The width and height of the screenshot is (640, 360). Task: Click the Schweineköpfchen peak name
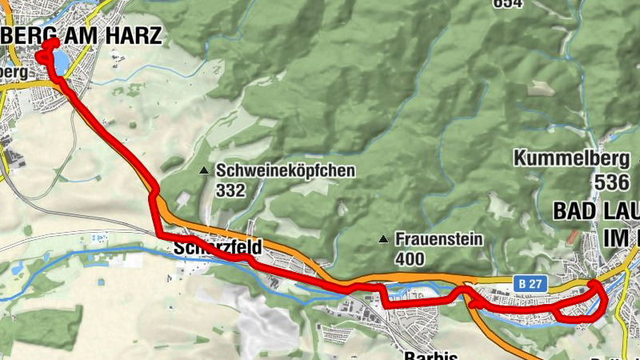click(285, 171)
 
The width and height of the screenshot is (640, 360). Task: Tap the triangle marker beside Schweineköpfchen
click(205, 170)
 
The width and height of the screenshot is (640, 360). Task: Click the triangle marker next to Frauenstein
click(384, 238)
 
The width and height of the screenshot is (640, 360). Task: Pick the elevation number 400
click(409, 258)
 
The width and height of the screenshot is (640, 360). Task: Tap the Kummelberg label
click(566, 158)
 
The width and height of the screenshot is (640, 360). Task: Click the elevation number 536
click(611, 182)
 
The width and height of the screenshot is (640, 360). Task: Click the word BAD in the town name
click(575, 211)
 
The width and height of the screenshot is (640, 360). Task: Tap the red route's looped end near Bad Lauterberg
click(598, 301)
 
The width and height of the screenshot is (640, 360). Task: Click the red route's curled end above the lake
click(47, 46)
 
